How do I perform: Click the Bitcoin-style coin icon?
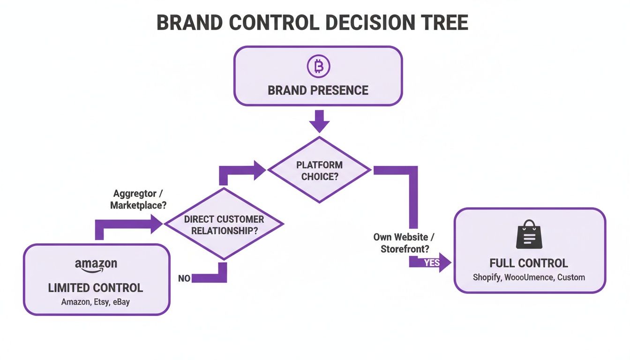point(318,67)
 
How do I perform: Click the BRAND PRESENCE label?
point(318,90)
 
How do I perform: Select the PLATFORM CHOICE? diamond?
point(319,170)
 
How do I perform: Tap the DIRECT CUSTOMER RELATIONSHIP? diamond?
point(224,225)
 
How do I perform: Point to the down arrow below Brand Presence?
point(319,121)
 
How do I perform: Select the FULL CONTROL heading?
point(528,263)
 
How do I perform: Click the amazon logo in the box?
point(96,265)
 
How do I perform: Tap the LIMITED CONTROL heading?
point(96,287)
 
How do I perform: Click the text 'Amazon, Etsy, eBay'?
point(96,302)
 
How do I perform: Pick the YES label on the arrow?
point(431,262)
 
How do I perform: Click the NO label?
point(184,278)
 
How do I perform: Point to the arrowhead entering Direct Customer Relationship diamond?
point(157,225)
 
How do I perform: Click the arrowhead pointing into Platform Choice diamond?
point(260,170)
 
